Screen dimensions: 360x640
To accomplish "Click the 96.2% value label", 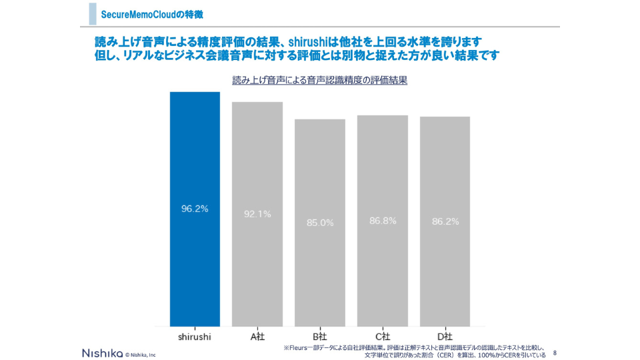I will click(195, 209).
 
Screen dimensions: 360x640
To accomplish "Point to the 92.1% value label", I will click(257, 214).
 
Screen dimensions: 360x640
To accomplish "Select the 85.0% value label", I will click(320, 223).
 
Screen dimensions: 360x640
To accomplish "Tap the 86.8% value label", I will click(383, 221).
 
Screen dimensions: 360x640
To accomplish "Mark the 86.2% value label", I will click(445, 221).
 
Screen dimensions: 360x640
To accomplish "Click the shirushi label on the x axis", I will click(195, 337).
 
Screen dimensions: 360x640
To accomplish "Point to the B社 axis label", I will click(320, 337).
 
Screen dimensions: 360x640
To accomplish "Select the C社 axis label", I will click(383, 337).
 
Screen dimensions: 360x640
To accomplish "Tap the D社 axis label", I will click(445, 337).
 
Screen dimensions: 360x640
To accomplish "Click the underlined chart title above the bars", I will click(319, 80).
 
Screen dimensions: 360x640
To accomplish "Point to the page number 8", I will click(555, 352).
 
